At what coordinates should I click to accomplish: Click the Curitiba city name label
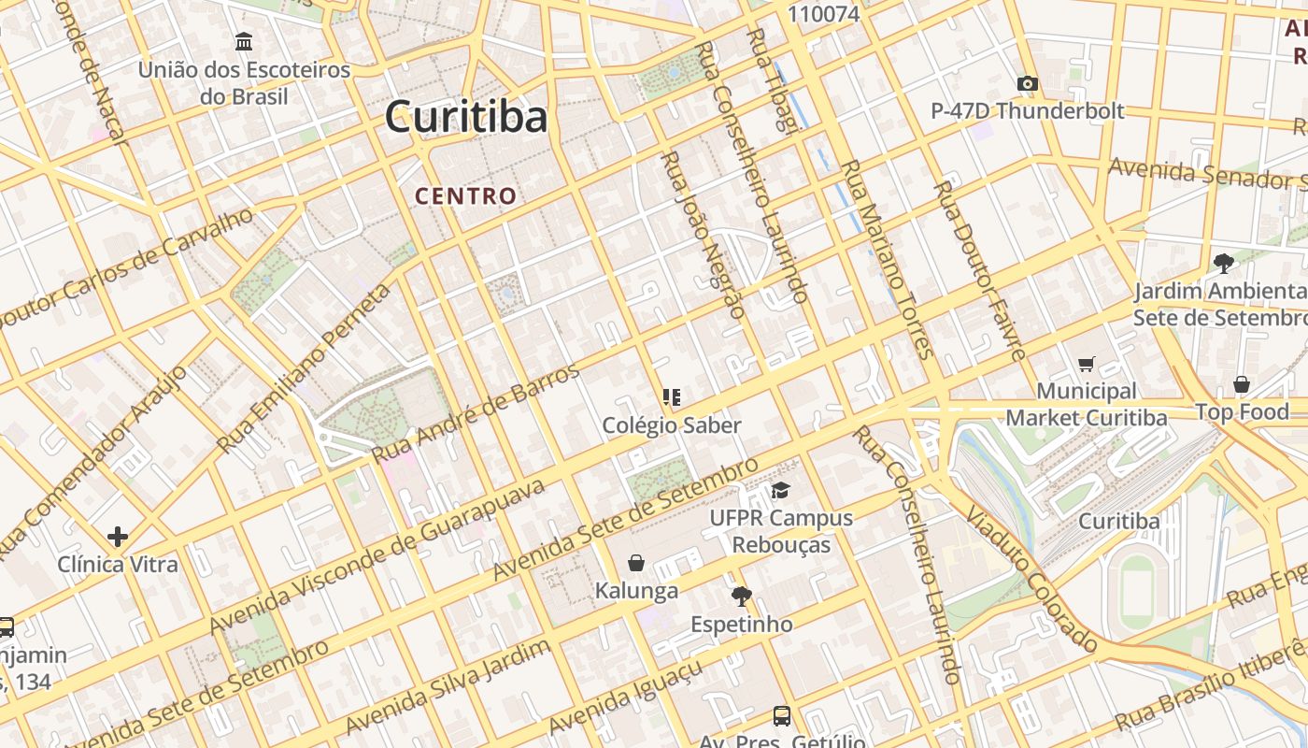click(x=466, y=117)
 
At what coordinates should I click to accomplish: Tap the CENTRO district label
click(x=465, y=195)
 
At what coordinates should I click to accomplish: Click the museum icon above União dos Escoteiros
click(x=244, y=42)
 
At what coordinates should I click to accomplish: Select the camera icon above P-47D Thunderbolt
click(x=1028, y=84)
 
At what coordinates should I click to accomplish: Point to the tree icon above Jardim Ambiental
click(x=1222, y=264)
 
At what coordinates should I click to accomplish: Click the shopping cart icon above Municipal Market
click(x=1086, y=364)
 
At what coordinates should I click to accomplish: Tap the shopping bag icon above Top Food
click(x=1242, y=384)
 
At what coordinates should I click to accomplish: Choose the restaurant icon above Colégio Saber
click(x=671, y=397)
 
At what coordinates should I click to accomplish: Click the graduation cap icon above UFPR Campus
click(x=780, y=490)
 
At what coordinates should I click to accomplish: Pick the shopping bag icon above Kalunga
click(x=636, y=563)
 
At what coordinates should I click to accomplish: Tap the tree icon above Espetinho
click(x=742, y=596)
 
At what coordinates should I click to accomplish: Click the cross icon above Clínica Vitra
click(x=117, y=537)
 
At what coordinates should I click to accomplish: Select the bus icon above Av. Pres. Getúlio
click(x=782, y=716)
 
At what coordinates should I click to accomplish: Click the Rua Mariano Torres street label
click(x=888, y=260)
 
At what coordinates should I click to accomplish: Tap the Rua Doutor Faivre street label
click(x=980, y=271)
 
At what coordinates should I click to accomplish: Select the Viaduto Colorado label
click(x=1031, y=579)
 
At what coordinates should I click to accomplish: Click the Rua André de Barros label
click(x=476, y=412)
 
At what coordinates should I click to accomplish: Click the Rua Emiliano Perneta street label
click(x=304, y=367)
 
